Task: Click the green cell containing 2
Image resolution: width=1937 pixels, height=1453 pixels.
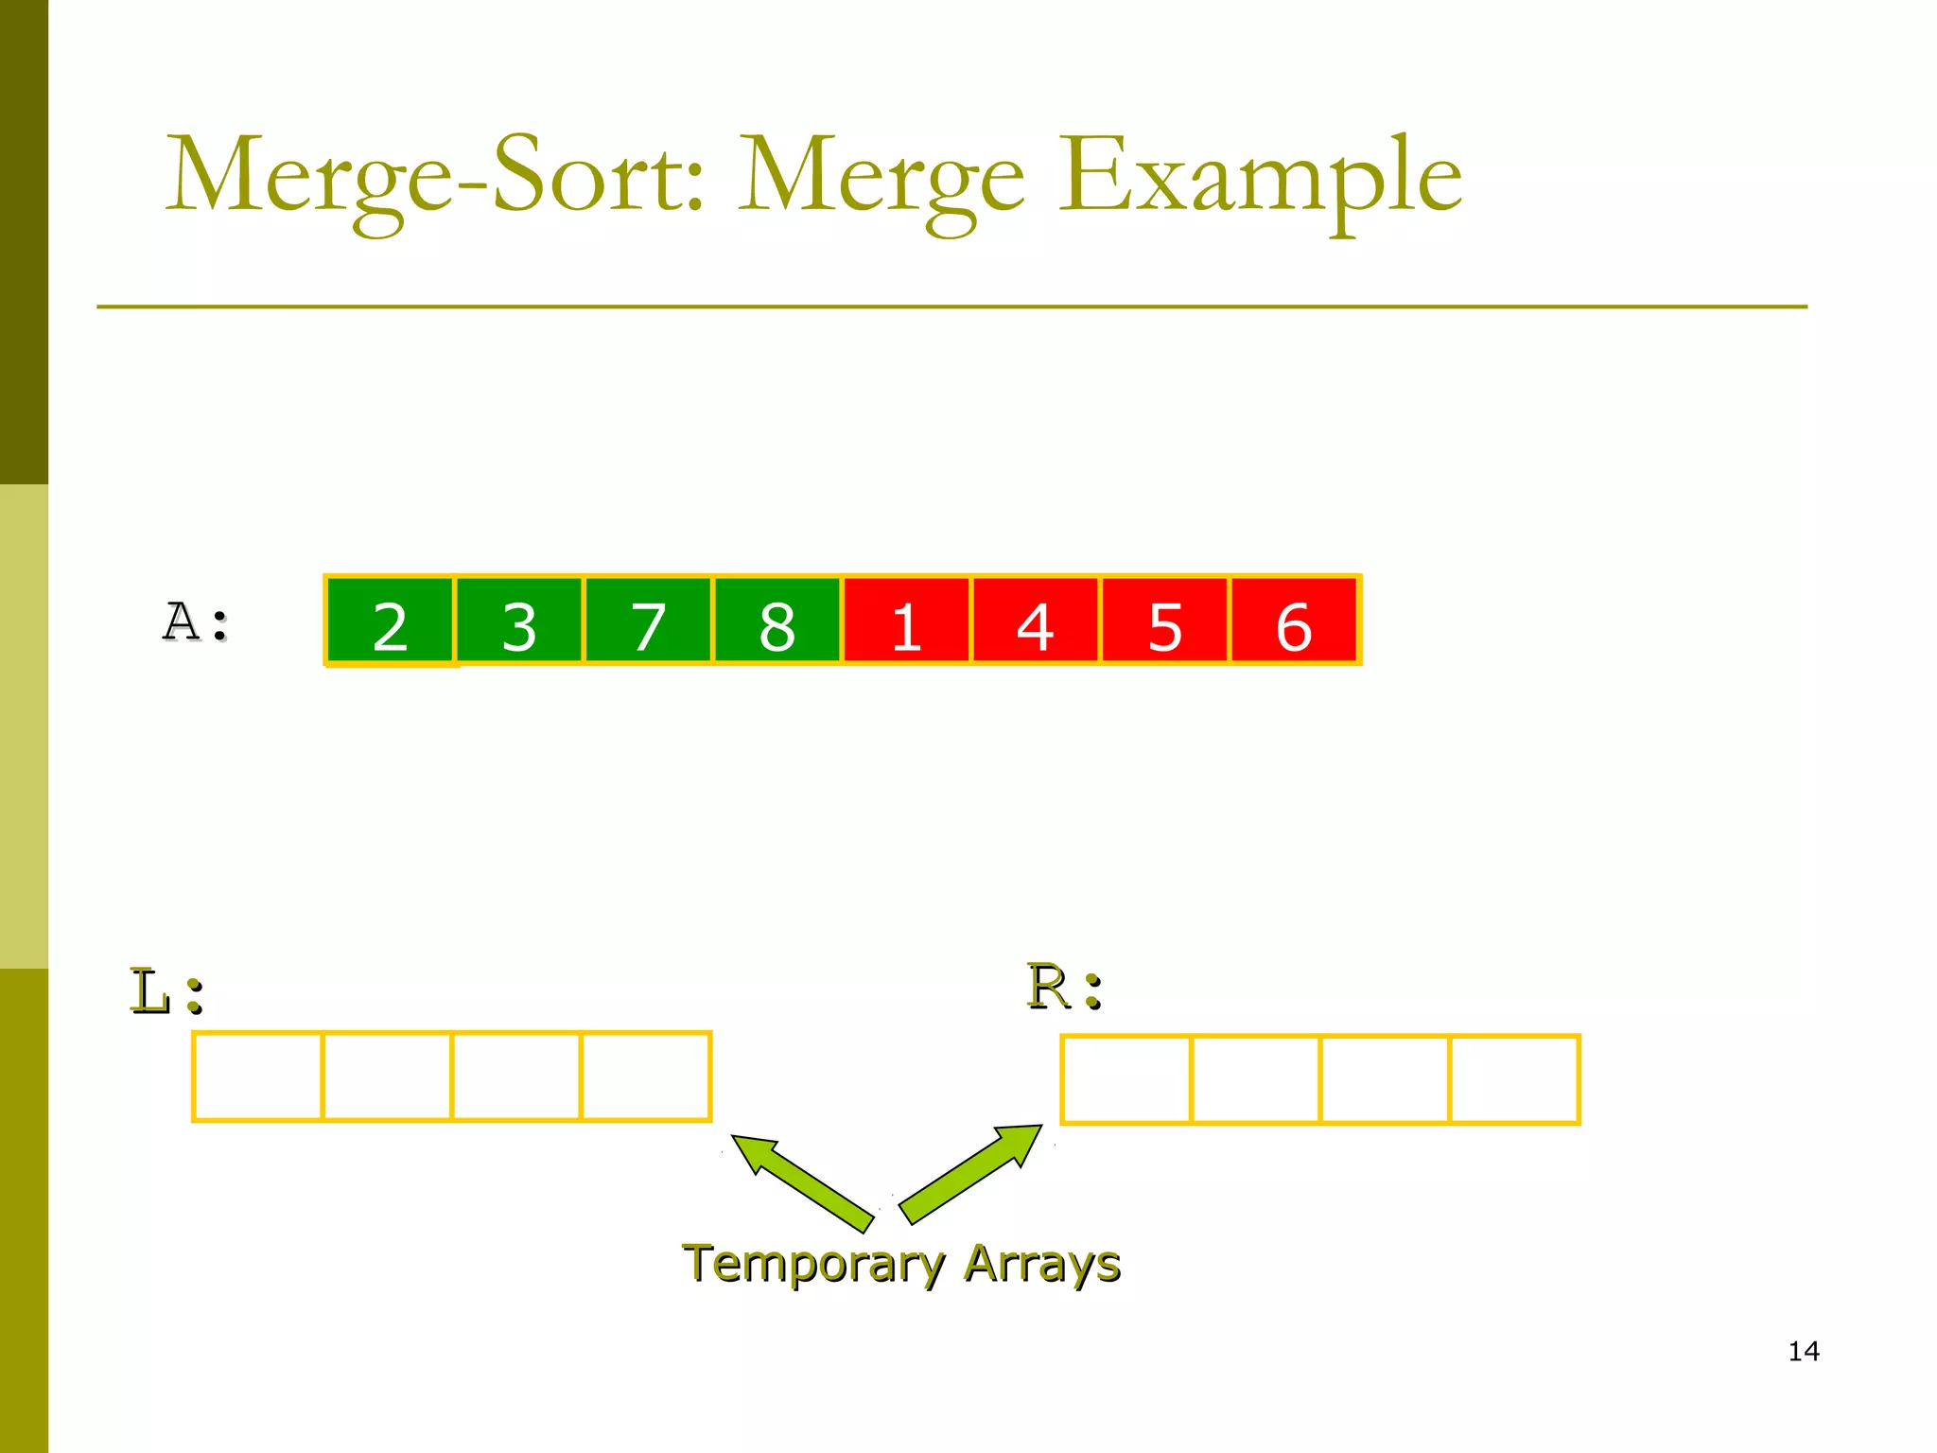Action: [390, 621]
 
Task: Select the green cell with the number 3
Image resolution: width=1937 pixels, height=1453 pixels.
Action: [519, 621]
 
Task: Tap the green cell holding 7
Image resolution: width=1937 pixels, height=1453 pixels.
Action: [648, 621]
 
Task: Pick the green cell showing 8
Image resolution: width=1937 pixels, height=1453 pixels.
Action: [777, 621]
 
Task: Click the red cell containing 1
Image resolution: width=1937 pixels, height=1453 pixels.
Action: [906, 621]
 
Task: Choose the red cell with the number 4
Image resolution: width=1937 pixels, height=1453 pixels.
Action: [1036, 621]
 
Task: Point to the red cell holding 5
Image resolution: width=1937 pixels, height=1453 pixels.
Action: [1164, 621]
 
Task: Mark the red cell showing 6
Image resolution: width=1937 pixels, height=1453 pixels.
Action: [1294, 621]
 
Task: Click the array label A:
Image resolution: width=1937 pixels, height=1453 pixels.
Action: [196, 623]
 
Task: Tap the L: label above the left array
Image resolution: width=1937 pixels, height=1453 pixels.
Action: [166, 991]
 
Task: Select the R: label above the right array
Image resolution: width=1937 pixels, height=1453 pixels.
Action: [1065, 988]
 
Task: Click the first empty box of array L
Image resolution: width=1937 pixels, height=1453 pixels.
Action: [258, 1077]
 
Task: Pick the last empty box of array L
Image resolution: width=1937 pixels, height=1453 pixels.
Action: [646, 1077]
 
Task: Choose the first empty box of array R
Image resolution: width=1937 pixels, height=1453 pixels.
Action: [1126, 1079]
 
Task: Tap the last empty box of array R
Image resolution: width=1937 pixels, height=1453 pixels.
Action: [1514, 1079]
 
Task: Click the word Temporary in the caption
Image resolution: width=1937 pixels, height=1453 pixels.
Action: [813, 1264]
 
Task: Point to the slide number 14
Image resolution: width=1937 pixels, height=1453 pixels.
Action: [1804, 1351]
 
